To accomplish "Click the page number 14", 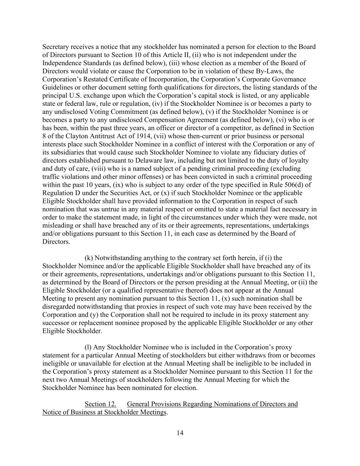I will coord(180,433).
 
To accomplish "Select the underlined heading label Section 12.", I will coord(100,404).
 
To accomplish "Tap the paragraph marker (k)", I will coord(89,258).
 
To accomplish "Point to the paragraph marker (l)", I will coord(88,347).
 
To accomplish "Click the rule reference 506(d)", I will coord(292,185).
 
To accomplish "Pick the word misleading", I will coord(57,226).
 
